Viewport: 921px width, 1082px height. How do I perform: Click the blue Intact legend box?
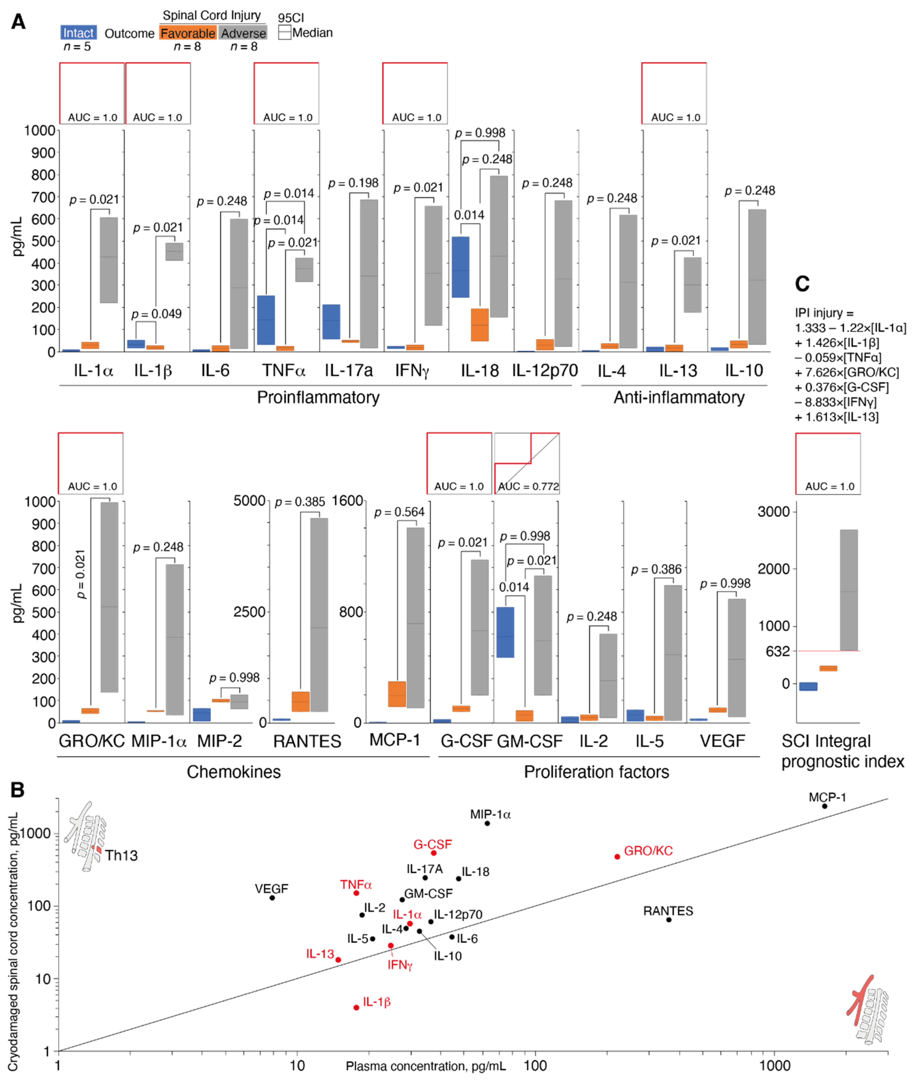78,33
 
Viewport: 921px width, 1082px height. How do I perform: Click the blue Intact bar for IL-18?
460,267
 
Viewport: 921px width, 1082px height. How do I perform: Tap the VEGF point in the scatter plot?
272,898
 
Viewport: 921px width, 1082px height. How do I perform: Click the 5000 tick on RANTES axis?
249,501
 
